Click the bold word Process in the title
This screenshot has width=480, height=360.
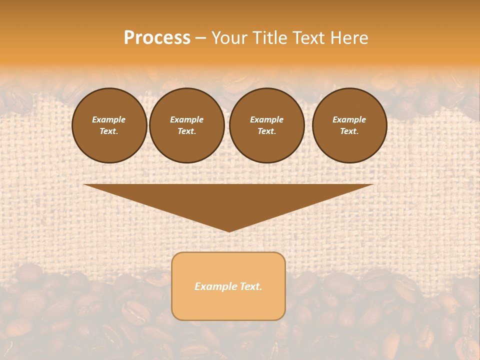157,38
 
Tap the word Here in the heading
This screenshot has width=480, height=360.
350,38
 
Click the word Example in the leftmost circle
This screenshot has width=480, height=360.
109,119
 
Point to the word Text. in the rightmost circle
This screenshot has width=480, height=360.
349,131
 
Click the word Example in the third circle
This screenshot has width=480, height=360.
267,119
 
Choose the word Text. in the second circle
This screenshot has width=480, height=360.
187,131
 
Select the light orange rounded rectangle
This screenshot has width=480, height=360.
228,305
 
